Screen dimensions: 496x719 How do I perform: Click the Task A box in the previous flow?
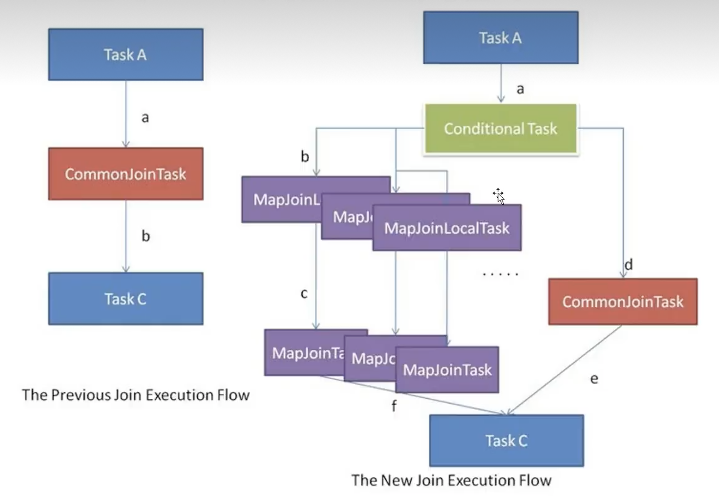click(126, 54)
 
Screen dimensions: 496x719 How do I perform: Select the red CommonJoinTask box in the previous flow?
click(126, 174)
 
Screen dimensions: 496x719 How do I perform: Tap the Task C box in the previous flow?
click(126, 299)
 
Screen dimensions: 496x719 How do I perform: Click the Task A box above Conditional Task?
click(501, 38)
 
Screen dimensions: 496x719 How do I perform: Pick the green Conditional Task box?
click(501, 129)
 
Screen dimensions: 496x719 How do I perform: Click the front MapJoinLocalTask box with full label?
click(447, 228)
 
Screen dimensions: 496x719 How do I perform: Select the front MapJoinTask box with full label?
click(447, 370)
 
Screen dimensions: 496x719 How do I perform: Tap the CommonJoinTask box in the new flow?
click(622, 302)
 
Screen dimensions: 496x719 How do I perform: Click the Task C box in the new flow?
click(506, 440)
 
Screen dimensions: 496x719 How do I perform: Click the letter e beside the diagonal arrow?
click(594, 379)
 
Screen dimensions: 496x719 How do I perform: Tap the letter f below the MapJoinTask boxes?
click(394, 406)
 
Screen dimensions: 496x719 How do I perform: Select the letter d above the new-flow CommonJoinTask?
click(629, 265)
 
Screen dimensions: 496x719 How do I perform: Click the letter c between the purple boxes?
click(304, 293)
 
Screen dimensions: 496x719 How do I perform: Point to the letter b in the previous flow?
click(146, 236)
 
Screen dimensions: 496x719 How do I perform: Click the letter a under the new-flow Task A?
click(520, 89)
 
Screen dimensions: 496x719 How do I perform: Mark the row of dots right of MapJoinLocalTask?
click(500, 274)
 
